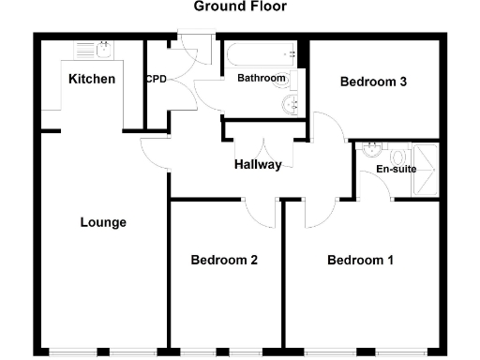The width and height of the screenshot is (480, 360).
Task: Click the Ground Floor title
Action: (x=240, y=7)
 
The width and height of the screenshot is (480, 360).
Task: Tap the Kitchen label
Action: (x=92, y=79)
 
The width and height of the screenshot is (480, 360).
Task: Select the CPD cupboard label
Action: (x=156, y=79)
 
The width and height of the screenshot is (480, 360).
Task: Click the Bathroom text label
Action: (x=261, y=78)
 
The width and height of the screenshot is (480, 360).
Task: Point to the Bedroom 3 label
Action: (x=373, y=82)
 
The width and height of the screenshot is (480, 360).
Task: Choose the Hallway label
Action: (x=258, y=165)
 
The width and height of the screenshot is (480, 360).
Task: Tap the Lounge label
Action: (x=103, y=222)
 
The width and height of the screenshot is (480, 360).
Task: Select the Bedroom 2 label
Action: (x=224, y=260)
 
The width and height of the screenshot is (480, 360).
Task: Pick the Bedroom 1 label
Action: (x=361, y=260)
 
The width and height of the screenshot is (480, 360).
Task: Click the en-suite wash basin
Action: (x=373, y=147)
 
